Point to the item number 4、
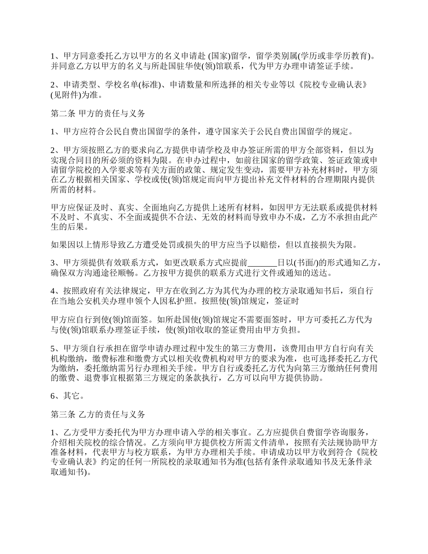[56, 291]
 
